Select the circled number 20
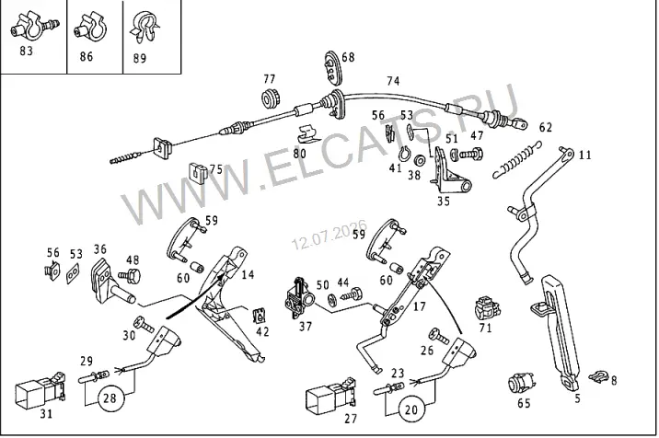411,409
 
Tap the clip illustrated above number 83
34,27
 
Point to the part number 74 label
393,81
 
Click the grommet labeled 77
270,99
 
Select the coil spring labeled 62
517,160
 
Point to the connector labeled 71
487,309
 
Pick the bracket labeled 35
448,171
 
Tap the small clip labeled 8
598,376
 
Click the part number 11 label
584,156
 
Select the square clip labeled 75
197,171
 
